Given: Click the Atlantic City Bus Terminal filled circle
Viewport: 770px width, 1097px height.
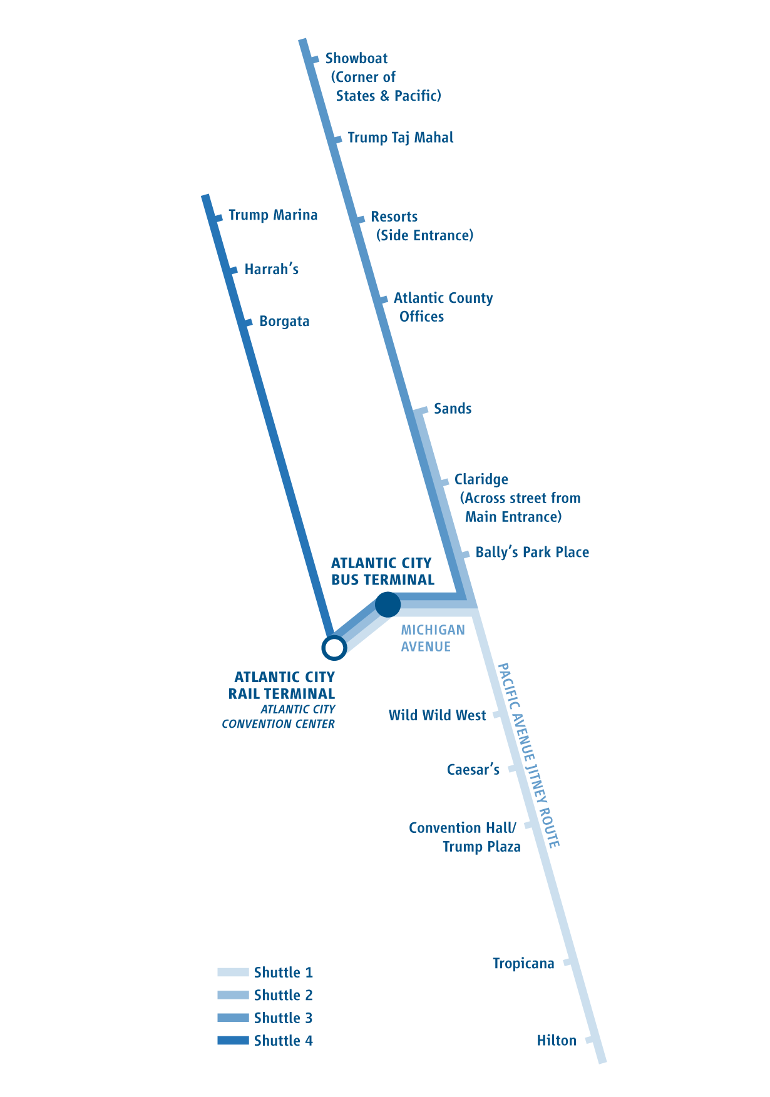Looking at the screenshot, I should point(388,605).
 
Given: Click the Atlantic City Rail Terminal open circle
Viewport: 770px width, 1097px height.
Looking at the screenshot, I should point(334,648).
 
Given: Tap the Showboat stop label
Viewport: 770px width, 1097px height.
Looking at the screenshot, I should point(356,59).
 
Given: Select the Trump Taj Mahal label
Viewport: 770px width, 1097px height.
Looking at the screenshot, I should point(400,138).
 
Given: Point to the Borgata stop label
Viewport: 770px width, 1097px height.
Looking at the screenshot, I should point(284,322).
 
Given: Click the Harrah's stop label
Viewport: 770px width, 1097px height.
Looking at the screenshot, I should point(271,270).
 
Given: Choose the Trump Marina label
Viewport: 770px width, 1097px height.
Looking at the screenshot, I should point(272,215).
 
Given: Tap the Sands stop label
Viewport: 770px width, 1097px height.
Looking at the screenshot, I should point(452,409).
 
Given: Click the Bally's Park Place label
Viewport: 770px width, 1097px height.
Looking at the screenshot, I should point(531,553).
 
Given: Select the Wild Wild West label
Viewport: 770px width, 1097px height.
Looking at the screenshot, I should point(437,715).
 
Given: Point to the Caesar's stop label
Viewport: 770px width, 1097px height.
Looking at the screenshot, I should point(473,770).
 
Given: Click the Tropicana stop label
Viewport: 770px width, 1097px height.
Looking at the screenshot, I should point(523,964).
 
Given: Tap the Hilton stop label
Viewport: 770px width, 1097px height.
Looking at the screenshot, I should point(556,1041).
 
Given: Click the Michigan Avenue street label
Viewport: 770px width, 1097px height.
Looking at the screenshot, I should point(433,638).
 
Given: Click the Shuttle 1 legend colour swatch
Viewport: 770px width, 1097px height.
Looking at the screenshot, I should point(233,972).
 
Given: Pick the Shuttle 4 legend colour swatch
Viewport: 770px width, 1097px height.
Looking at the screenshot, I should point(233,1041).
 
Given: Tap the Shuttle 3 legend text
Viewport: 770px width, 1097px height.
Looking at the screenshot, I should point(283,1018).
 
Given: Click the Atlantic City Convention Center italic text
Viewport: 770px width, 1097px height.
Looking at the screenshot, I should point(279,717).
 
